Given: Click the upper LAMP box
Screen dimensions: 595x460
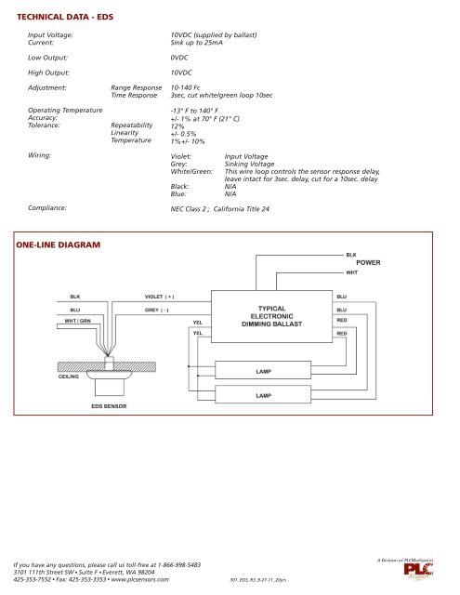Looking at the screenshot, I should (263, 371).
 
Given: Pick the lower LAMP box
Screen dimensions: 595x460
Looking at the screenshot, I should (263, 394).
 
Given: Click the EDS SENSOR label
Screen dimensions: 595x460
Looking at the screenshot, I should (109, 407).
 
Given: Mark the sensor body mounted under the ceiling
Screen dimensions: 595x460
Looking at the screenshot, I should (110, 370).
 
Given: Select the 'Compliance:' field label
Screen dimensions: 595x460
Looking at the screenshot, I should (47, 208).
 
